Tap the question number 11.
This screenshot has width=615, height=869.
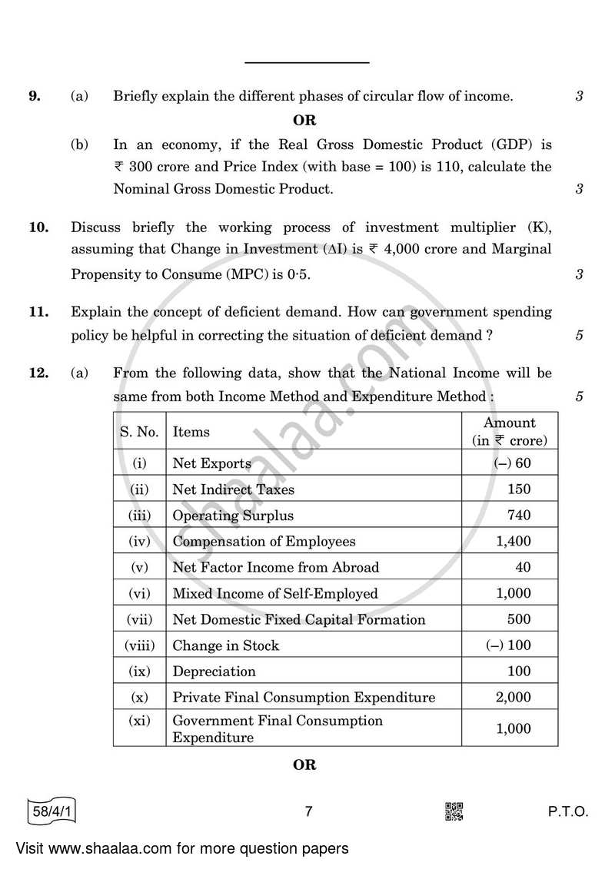click(37, 312)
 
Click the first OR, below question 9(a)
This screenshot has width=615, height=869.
click(304, 120)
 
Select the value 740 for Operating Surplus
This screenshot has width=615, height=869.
click(519, 516)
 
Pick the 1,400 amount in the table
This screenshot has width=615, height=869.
click(514, 542)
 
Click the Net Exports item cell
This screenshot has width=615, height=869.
click(212, 463)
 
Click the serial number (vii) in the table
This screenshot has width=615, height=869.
click(139, 619)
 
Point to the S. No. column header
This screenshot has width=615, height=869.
click(139, 432)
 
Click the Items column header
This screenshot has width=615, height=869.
click(191, 432)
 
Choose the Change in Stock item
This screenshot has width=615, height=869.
click(226, 645)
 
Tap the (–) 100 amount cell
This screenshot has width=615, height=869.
click(509, 645)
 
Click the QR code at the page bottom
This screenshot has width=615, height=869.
click(454, 811)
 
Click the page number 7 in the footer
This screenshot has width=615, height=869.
click(307, 812)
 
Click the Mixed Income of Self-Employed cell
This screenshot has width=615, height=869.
click(275, 593)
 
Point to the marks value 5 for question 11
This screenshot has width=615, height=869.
click(579, 335)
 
